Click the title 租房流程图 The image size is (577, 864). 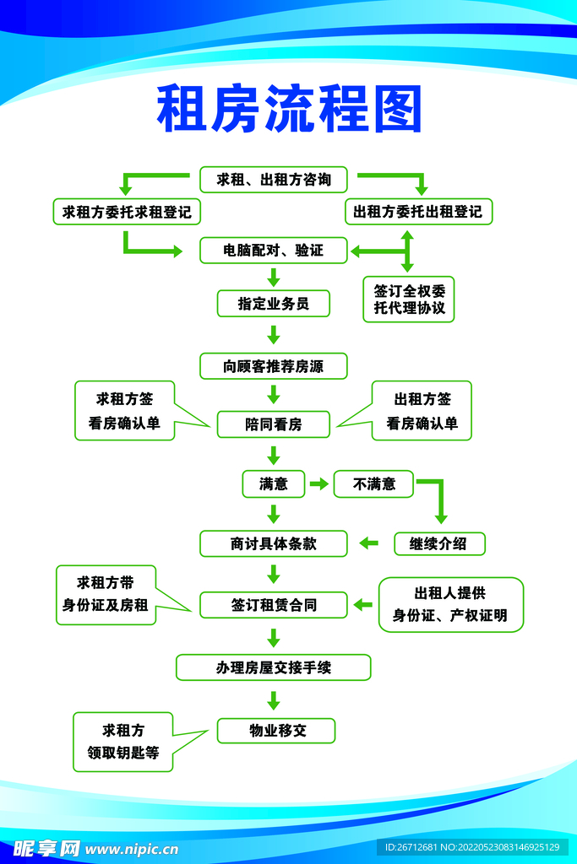[x=289, y=109]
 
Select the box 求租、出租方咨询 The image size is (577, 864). [x=274, y=180]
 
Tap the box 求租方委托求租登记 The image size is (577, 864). [x=127, y=212]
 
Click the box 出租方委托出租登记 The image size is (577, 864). [x=419, y=212]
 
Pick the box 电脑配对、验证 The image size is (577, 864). [x=274, y=250]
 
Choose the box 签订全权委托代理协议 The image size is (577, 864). [x=409, y=300]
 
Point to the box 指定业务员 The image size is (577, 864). [x=274, y=304]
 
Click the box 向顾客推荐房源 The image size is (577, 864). [x=274, y=366]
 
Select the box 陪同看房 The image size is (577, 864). [x=274, y=424]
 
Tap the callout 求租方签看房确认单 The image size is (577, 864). [x=125, y=411]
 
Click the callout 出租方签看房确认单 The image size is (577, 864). [x=422, y=411]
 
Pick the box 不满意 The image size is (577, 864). [x=373, y=483]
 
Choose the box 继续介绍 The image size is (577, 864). [x=439, y=544]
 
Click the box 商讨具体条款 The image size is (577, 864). [x=274, y=544]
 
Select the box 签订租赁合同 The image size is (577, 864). [x=274, y=605]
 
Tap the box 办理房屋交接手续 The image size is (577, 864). [x=274, y=668]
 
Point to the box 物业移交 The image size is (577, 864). [x=276, y=731]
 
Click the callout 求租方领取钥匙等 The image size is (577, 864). [x=123, y=742]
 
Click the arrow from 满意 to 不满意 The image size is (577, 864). [x=319, y=483]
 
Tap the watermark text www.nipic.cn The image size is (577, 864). [x=132, y=849]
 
